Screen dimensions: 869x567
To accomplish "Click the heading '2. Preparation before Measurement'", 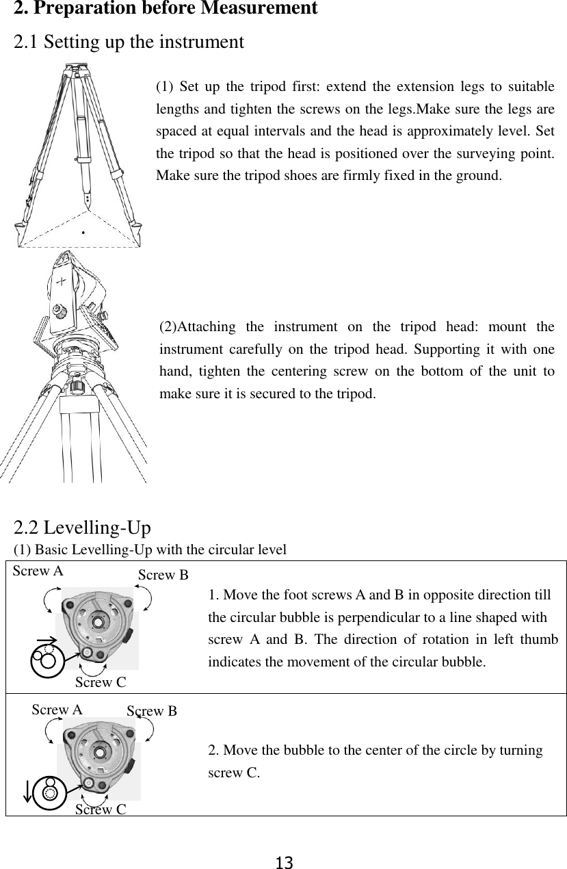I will tap(166, 9).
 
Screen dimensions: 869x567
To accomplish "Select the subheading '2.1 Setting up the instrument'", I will tap(129, 42).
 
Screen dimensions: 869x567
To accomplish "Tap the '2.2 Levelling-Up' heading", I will tap(83, 528).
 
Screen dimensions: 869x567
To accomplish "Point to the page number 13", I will tap(284, 862).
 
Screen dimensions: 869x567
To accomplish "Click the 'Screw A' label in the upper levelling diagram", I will tap(38, 571).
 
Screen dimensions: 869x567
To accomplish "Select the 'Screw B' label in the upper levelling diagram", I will tap(163, 575).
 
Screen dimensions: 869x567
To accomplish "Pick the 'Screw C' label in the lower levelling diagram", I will tap(101, 810).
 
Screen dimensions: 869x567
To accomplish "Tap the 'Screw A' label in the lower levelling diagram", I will tap(57, 710).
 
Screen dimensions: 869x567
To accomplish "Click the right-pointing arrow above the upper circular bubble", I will tap(48, 641).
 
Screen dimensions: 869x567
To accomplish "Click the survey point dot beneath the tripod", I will tap(83, 233).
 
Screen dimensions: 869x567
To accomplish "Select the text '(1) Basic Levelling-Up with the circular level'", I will tap(150, 549).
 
